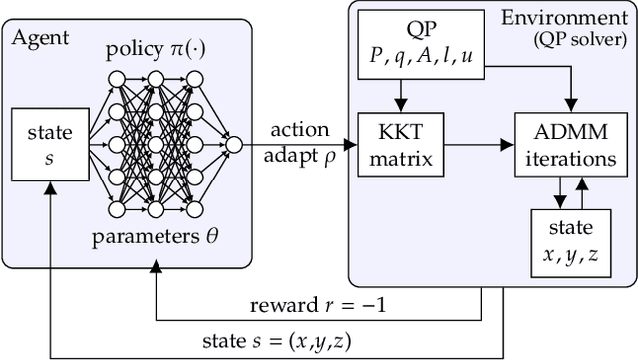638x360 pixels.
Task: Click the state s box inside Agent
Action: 42,146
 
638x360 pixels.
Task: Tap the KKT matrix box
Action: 402,147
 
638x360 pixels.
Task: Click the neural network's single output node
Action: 233,146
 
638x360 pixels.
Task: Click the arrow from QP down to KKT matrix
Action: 402,95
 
